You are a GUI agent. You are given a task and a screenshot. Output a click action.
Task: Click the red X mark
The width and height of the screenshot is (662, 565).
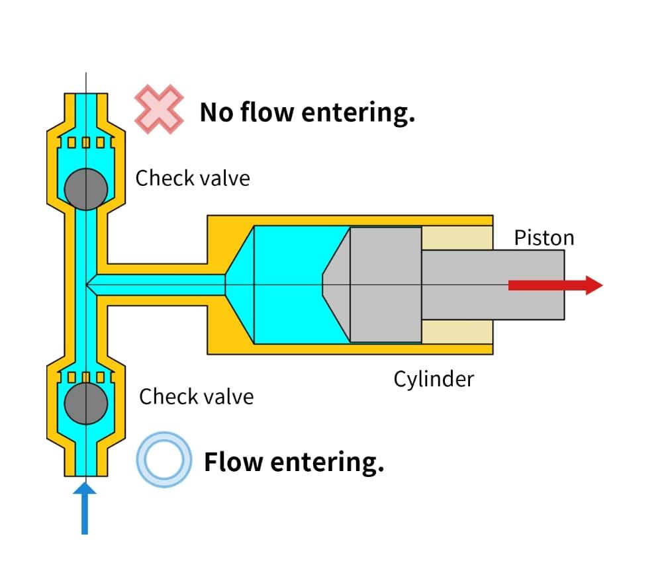[159, 109]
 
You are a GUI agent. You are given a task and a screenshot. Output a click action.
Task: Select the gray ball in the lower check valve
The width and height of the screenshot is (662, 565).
[86, 402]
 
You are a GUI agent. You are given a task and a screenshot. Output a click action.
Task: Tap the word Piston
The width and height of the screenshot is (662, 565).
[544, 238]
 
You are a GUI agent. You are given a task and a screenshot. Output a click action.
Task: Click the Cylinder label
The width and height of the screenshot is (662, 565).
[434, 379]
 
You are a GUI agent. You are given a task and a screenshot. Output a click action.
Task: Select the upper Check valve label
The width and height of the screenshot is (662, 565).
[193, 178]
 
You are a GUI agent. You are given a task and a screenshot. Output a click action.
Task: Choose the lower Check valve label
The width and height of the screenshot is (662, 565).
[196, 396]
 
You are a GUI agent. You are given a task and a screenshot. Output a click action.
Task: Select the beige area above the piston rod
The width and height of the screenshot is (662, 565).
[457, 238]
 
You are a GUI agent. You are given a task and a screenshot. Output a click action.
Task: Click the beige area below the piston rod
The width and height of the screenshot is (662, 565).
[457, 331]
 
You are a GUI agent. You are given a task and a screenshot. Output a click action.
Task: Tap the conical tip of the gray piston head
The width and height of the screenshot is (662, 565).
[336, 284]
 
